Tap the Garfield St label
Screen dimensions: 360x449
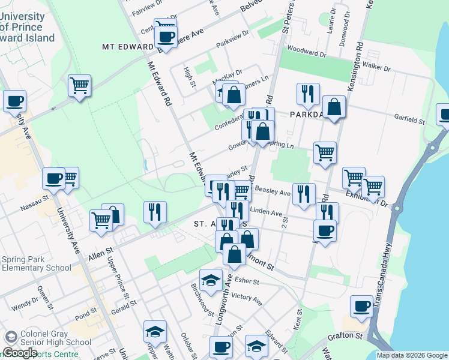coord(409,120)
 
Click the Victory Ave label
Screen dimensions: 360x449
coord(247,298)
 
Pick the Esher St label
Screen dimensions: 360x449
coord(247,280)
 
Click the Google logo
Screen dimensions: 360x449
coord(19,352)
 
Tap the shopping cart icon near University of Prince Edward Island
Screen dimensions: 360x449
coord(79,86)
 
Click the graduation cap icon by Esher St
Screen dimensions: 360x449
coord(210,280)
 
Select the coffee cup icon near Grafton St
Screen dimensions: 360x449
coord(361,307)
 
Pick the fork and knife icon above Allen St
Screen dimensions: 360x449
coord(155,212)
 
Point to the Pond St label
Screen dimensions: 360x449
coord(86,313)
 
